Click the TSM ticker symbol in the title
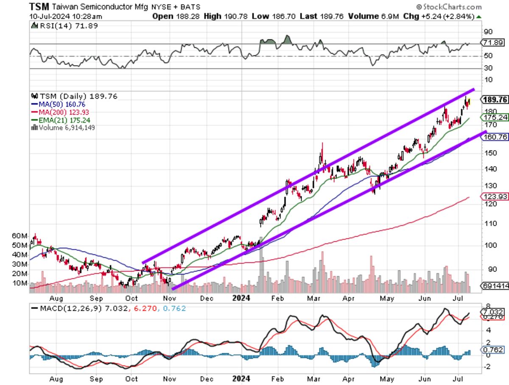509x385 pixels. (x=39, y=7)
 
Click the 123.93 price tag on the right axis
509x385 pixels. (x=495, y=197)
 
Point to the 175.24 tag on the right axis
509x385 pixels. (x=495, y=117)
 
